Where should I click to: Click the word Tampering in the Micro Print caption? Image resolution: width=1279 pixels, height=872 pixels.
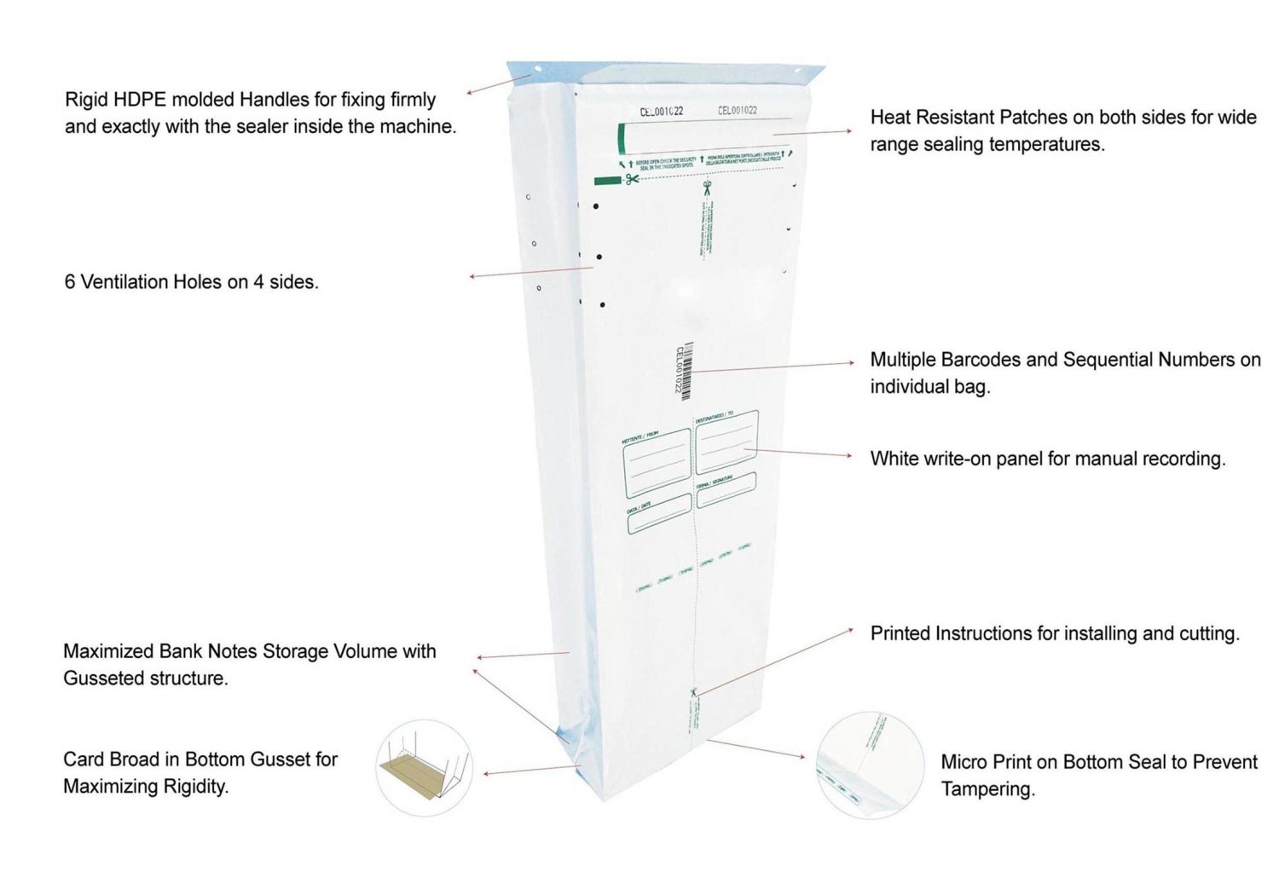[x=987, y=789]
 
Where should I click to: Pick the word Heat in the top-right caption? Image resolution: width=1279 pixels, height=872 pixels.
[x=889, y=117]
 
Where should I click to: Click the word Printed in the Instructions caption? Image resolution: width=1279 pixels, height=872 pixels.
[x=900, y=633]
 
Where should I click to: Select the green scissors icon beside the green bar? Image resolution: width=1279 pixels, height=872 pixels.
[x=632, y=179]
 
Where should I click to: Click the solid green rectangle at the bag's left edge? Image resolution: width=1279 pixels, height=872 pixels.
[x=607, y=181]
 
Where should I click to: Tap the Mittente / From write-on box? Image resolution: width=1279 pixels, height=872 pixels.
[x=657, y=463]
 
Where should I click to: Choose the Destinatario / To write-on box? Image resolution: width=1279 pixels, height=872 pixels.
[x=726, y=442]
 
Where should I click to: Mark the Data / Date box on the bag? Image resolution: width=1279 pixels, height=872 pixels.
[x=658, y=513]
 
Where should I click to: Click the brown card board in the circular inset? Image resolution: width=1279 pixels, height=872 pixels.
[x=415, y=776]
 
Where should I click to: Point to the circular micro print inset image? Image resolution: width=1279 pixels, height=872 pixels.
[x=870, y=765]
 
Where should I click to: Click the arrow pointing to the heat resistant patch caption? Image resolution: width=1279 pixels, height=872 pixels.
[x=810, y=132]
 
